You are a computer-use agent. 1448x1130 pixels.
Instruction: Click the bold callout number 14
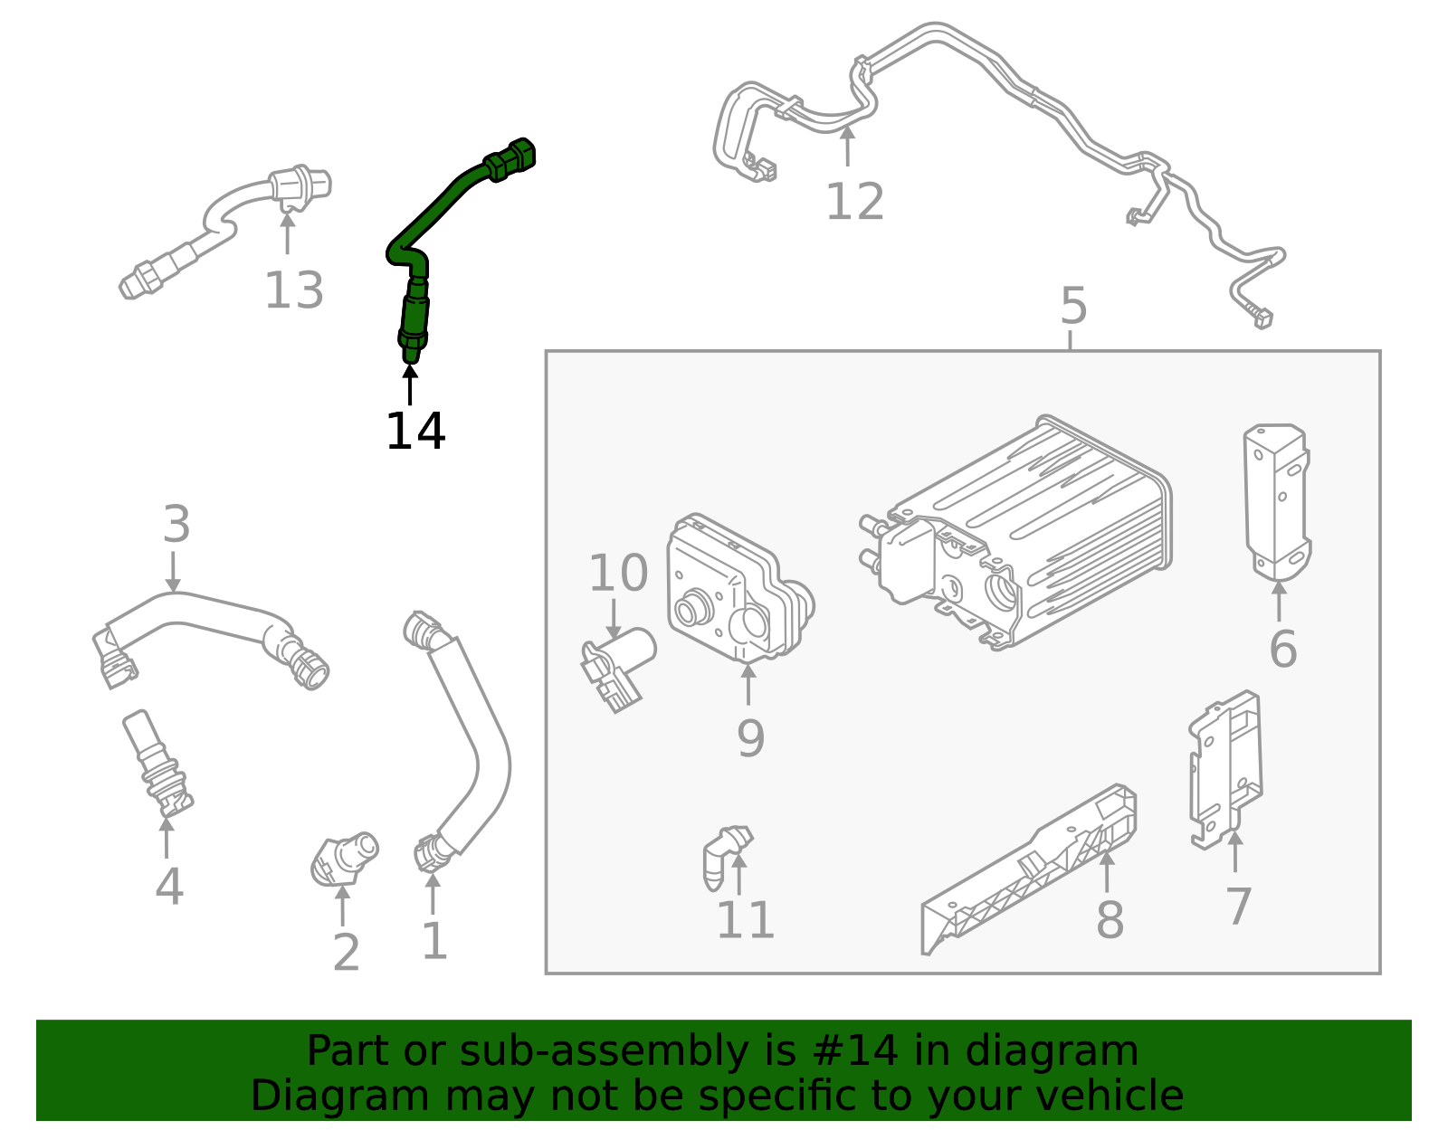click(415, 432)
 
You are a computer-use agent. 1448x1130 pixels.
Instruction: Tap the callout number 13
click(293, 291)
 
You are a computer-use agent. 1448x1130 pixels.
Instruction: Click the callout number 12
click(854, 202)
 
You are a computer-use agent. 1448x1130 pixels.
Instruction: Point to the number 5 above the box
click(1072, 307)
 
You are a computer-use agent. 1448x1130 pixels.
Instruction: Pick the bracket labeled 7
click(1226, 769)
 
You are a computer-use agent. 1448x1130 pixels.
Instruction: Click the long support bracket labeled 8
click(1032, 869)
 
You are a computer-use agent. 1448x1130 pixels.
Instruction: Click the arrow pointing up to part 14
click(410, 385)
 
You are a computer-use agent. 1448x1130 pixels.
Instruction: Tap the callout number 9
click(750, 738)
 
